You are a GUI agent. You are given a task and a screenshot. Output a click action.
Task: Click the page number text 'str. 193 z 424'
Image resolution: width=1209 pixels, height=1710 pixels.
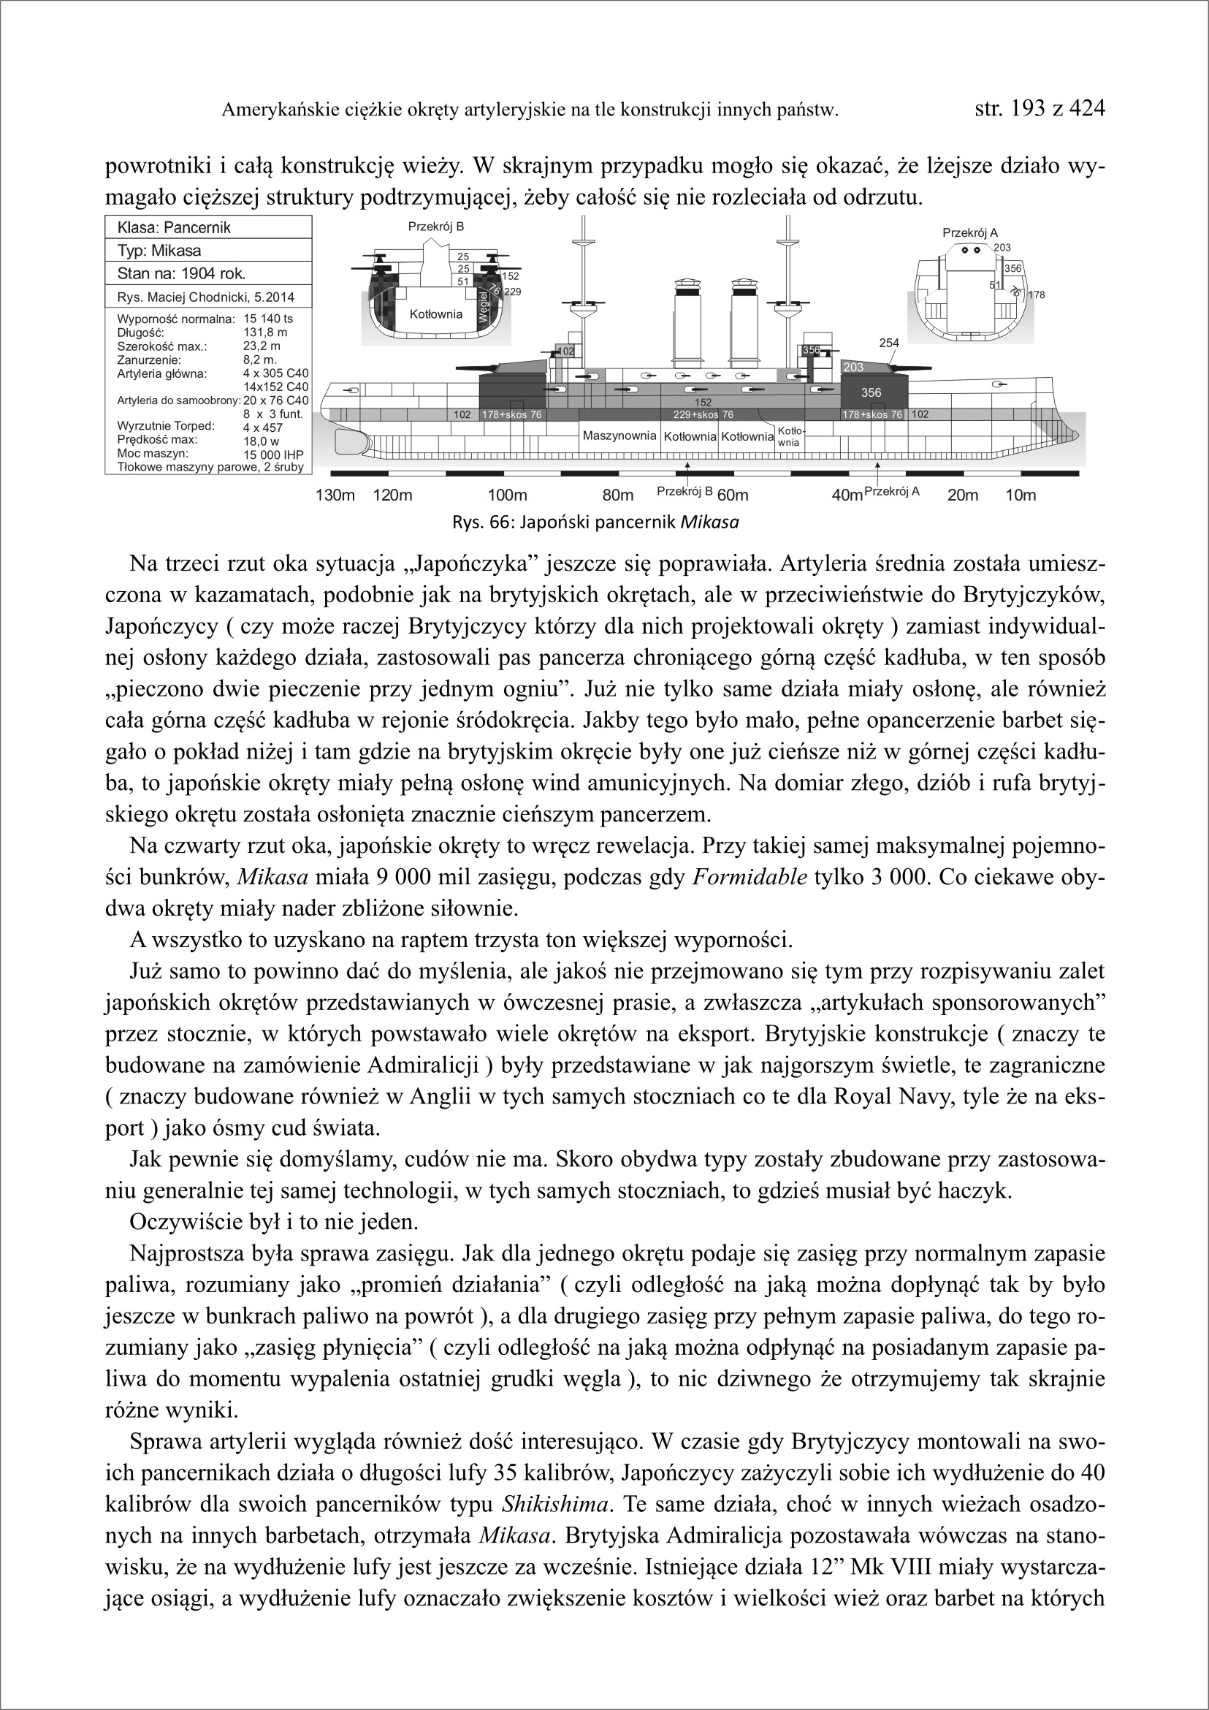(x=1040, y=109)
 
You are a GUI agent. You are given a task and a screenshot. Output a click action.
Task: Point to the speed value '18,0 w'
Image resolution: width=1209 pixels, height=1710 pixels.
(x=261, y=441)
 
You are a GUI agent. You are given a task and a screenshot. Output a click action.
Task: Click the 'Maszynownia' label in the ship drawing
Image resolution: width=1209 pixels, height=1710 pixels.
(x=619, y=436)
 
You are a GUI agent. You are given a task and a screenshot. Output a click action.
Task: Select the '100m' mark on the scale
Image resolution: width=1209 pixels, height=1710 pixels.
(x=507, y=495)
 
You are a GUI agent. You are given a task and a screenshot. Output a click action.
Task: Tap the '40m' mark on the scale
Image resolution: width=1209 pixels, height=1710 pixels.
(x=847, y=495)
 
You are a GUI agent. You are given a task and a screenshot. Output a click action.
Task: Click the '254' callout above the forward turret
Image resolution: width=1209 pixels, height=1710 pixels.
(x=889, y=343)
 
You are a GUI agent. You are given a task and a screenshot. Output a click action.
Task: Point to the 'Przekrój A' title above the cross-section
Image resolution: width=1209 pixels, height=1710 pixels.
(x=969, y=233)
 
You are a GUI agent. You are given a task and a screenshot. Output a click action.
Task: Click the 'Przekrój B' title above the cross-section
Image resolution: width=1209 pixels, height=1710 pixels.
(x=435, y=227)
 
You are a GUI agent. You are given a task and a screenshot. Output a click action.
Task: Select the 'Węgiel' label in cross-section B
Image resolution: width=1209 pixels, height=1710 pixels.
(x=482, y=307)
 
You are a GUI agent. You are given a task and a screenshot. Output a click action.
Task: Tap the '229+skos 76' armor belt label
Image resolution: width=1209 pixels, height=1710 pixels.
(x=703, y=415)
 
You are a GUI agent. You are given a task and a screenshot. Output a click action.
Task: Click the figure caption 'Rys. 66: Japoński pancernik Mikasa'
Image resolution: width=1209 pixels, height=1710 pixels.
(x=595, y=522)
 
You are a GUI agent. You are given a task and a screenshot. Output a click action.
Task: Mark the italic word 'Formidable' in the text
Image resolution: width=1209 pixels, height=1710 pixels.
(x=749, y=878)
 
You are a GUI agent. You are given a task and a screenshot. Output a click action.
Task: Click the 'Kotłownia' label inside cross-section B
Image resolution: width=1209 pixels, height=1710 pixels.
(x=435, y=314)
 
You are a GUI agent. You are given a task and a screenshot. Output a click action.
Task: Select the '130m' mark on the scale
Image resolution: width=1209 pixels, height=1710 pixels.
(x=335, y=495)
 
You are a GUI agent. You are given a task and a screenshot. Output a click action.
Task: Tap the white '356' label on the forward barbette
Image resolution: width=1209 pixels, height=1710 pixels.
(x=870, y=392)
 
